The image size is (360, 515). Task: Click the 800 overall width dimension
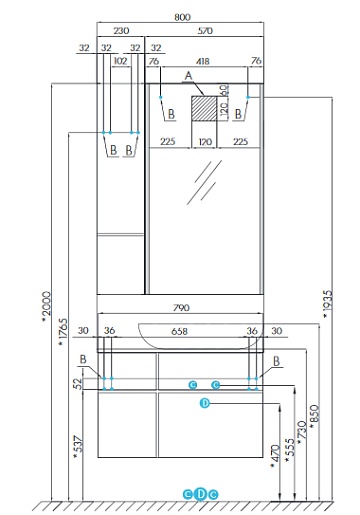[x=182, y=17]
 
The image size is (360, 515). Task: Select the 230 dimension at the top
[x=121, y=31]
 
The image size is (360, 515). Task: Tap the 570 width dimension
[x=205, y=31]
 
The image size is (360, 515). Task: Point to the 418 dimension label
[x=203, y=61]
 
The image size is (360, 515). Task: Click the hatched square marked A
[x=204, y=108]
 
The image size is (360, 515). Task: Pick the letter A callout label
[x=189, y=76]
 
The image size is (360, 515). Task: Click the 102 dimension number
[x=120, y=61]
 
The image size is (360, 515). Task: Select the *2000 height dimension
[x=47, y=307]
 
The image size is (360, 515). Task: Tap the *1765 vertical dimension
[x=63, y=332]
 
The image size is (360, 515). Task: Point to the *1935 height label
[x=328, y=304]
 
